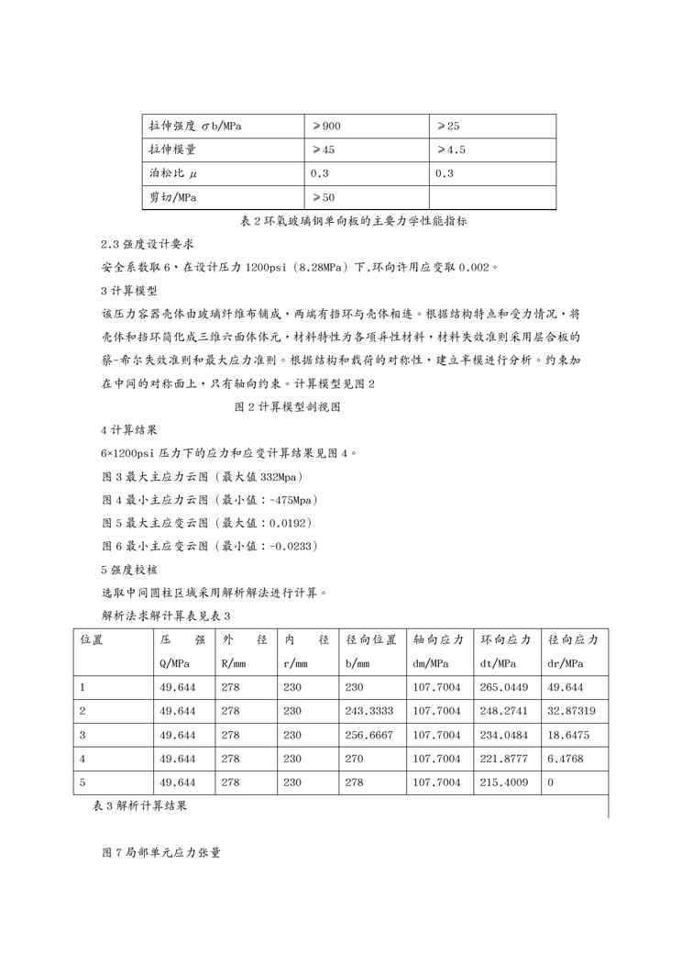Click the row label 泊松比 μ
[x=173, y=173]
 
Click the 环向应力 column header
[x=507, y=639]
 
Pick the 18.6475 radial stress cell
[x=566, y=735]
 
